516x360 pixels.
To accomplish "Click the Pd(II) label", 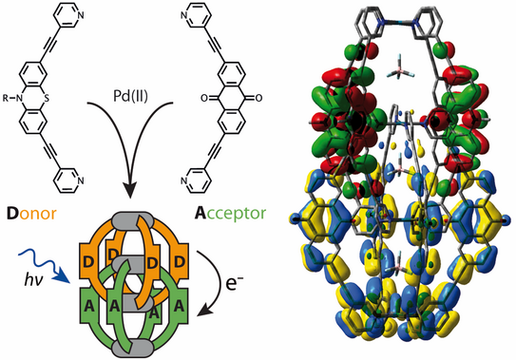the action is point(130,96).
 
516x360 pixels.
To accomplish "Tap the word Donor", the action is point(31,214).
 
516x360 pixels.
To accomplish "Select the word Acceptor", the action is point(230,213).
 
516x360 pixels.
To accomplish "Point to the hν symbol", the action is point(34,280).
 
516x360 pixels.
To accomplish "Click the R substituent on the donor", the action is point(6,98).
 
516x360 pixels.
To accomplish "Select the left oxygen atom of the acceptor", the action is point(203,98).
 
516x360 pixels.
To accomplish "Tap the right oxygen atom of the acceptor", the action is point(258,98).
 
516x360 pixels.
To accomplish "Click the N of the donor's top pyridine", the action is point(81,15).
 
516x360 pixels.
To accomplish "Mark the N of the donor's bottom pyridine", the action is point(81,180).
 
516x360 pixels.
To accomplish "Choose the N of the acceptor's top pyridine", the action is point(184,15).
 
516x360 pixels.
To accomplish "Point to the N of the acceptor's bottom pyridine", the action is point(184,180).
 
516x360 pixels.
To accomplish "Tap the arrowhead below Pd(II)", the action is point(130,190).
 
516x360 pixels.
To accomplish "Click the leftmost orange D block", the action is point(88,261).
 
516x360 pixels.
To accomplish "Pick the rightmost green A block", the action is point(179,306).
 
